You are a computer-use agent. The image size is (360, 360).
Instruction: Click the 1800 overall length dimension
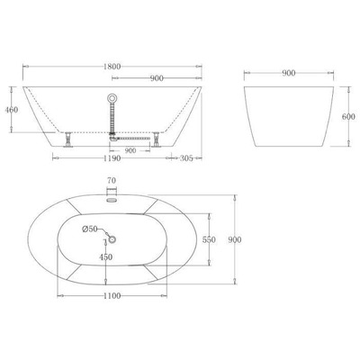tap(109, 66)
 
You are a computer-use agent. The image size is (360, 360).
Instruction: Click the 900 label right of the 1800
tap(156, 77)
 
